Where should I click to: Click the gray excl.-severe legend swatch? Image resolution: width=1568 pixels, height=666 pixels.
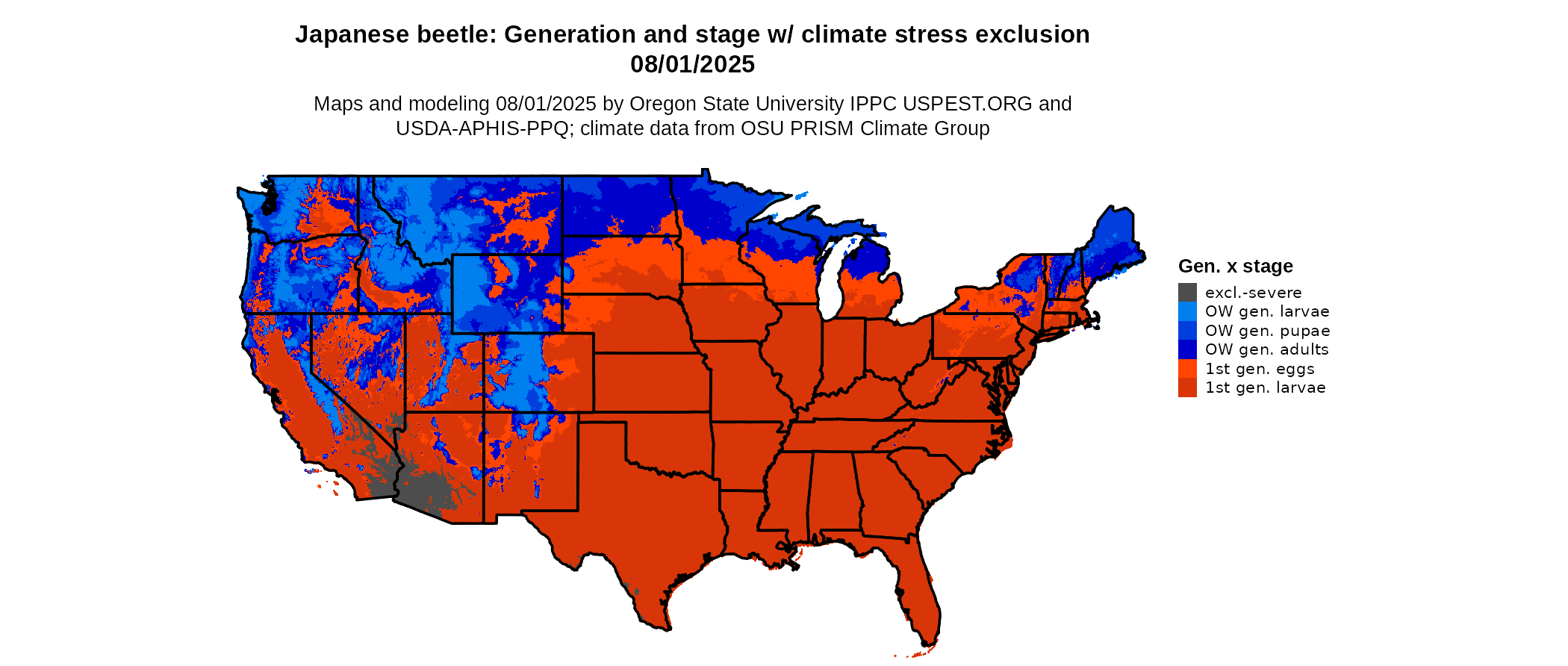[x=1187, y=293]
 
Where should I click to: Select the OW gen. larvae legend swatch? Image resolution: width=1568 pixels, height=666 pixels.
[x=1187, y=311]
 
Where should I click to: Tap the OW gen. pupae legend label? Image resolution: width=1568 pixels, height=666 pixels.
[x=1267, y=331]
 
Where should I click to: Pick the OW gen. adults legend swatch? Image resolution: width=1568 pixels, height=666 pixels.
[x=1187, y=349]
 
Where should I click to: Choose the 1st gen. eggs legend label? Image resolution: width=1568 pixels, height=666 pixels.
[x=1260, y=369]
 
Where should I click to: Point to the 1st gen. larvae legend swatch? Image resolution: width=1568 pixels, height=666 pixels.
[x=1187, y=388]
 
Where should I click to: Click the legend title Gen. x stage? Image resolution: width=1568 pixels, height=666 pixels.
[x=1235, y=267]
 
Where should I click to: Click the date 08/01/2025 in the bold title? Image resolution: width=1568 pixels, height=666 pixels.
[x=692, y=65]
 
